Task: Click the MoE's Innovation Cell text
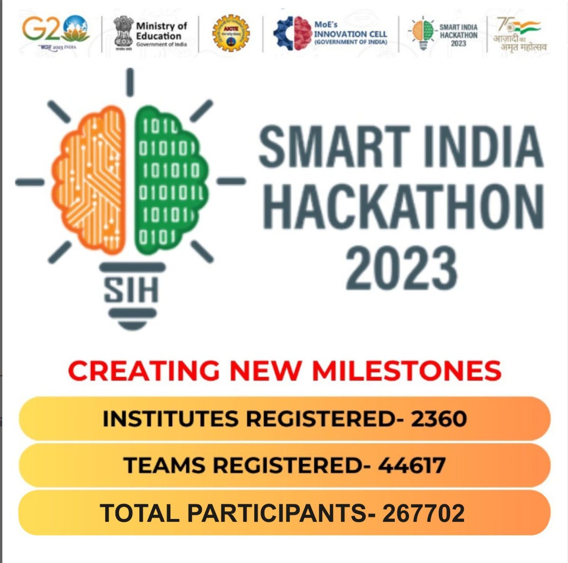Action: point(350,33)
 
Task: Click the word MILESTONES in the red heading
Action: point(406,371)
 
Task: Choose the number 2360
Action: point(439,419)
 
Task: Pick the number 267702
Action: point(423,513)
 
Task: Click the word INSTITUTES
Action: point(170,419)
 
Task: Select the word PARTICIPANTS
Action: point(273,513)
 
